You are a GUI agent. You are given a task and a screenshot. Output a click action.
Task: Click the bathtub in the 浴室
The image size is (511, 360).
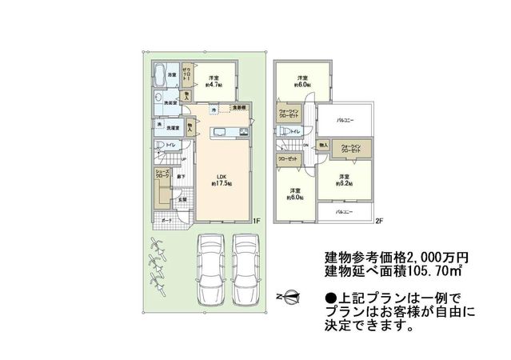pos(161,78)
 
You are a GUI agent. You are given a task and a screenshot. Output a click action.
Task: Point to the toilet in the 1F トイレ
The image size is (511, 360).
pos(160,145)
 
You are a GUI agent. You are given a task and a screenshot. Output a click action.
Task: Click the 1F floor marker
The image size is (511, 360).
pos(257,220)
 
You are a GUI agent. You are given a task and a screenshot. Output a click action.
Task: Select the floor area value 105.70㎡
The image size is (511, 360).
pos(435,274)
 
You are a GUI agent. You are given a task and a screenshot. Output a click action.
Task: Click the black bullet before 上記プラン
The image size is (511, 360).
pos(329,297)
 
